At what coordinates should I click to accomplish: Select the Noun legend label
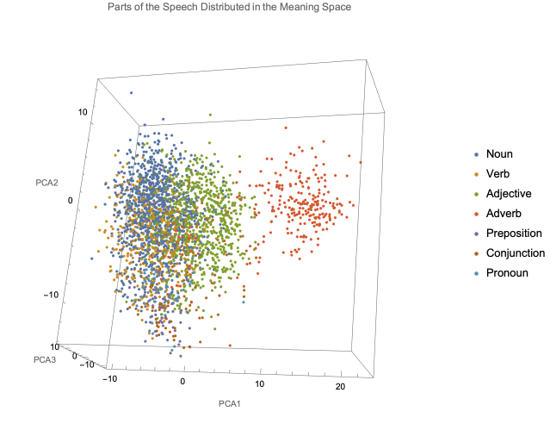pyautogui.click(x=499, y=154)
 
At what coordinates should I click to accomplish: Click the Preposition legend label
pyautogui.click(x=514, y=234)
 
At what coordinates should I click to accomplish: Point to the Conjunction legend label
pyautogui.click(x=516, y=253)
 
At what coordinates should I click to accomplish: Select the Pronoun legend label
pyautogui.click(x=507, y=273)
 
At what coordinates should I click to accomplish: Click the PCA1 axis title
pyautogui.click(x=229, y=403)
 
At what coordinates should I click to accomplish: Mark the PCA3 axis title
pyautogui.click(x=45, y=358)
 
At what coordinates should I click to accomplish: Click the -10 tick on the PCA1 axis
pyautogui.click(x=110, y=378)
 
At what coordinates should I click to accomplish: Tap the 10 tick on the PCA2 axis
pyautogui.click(x=84, y=112)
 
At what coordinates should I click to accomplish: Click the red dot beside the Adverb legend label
pyautogui.click(x=477, y=214)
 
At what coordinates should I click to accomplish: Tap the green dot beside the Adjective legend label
pyautogui.click(x=477, y=194)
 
